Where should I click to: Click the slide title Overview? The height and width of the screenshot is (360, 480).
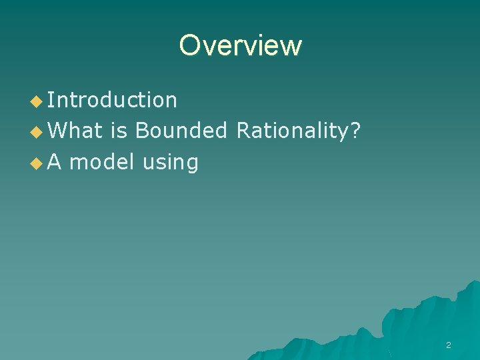click(240, 45)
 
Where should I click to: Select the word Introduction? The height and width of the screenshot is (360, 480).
click(112, 100)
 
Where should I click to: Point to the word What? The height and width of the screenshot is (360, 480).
click(75, 131)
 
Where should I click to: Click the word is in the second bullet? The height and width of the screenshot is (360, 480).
click(119, 131)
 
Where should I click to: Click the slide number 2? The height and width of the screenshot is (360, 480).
click(448, 345)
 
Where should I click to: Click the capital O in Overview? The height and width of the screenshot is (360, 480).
click(189, 45)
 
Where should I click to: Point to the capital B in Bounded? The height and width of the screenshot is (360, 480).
click(142, 131)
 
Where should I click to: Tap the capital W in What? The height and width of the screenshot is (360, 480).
click(57, 131)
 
